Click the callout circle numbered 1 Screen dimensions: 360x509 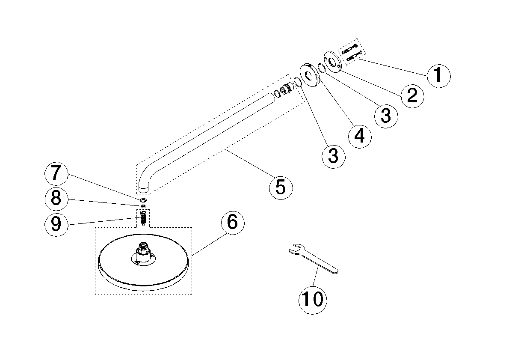point(438,76)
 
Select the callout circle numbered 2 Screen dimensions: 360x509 point(412,95)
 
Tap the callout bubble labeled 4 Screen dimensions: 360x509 point(359,136)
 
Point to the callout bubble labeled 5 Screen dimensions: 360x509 point(281,187)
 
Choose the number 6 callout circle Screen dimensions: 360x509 point(232,222)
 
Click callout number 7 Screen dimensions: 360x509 point(56,174)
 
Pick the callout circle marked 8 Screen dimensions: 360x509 point(56,199)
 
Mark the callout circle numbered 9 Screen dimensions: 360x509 point(56,224)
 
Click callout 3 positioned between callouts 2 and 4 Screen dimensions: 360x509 point(386,115)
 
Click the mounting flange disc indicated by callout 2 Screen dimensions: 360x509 point(332,62)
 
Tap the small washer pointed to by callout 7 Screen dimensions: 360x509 point(143,200)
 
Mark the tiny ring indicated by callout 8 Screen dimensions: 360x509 point(143,206)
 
